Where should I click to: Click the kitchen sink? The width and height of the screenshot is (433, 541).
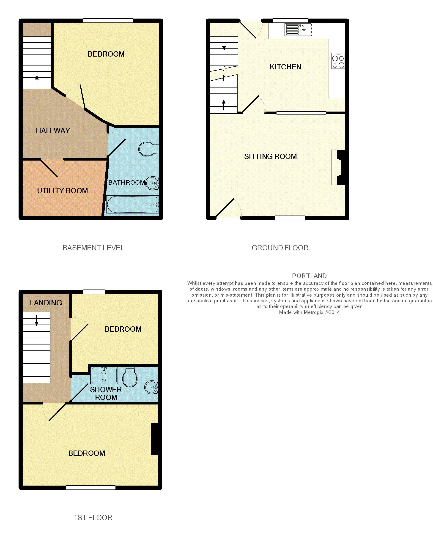coord(298,30)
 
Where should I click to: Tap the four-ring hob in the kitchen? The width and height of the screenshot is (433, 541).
coord(338,61)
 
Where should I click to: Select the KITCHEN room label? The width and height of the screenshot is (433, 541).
coord(285,67)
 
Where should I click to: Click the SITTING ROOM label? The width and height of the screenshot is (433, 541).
coord(270,157)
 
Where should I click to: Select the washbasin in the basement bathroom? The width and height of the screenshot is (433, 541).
coord(152,183)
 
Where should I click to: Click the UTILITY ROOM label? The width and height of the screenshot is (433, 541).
coord(63,191)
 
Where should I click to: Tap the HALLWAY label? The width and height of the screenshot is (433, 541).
coord(53,131)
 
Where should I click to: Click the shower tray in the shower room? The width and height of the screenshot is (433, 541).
coord(104,375)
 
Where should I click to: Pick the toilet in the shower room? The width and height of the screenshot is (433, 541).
coord(130,377)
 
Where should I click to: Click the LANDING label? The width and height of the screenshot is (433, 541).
coord(46,303)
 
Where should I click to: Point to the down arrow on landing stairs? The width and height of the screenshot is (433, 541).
coord(37,321)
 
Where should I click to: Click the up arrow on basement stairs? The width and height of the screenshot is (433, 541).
coord(37,81)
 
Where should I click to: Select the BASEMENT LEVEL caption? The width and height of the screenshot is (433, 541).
coord(93,248)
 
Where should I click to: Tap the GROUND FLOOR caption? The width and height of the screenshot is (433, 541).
coord(280,248)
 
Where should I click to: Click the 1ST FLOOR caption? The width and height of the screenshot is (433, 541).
coord(93,518)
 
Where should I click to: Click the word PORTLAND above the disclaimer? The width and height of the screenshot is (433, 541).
coord(309,276)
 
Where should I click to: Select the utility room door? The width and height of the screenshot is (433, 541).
coord(49,168)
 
